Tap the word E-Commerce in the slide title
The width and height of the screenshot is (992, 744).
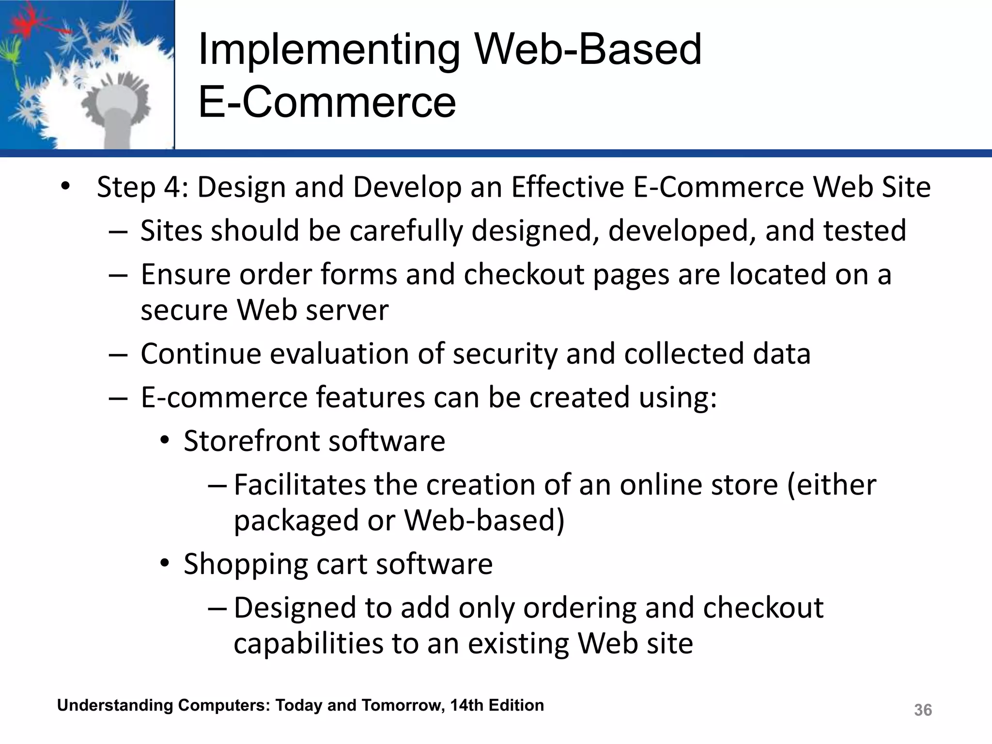(x=327, y=102)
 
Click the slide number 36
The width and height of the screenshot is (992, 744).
(x=922, y=710)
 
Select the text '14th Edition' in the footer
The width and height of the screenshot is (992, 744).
(x=497, y=705)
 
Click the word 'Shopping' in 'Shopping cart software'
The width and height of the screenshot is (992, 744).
(x=245, y=564)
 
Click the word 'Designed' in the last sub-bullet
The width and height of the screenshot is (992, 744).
(x=295, y=608)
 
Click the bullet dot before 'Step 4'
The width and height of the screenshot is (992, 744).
(x=65, y=187)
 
